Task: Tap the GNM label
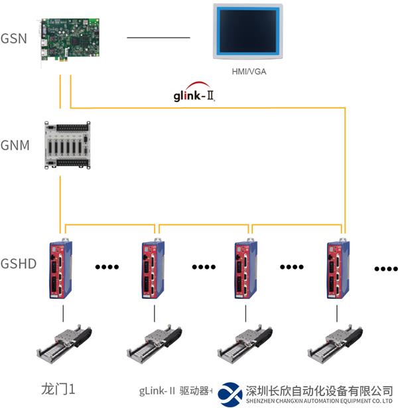point(15,144)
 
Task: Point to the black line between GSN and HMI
point(158,37)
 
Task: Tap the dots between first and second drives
point(107,268)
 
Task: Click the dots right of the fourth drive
point(385,269)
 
